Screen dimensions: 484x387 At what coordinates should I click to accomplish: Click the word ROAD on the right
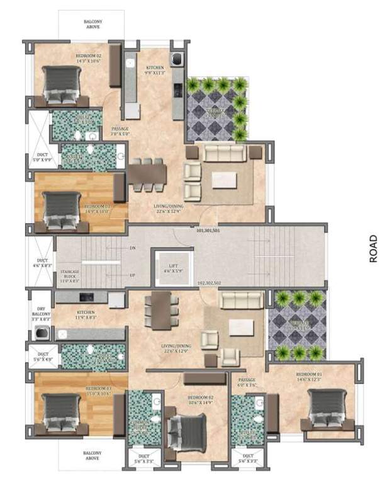click(374, 248)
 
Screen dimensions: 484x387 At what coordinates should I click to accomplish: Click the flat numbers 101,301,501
click(208, 231)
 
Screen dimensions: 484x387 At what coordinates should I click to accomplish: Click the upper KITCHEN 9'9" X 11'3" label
click(155, 70)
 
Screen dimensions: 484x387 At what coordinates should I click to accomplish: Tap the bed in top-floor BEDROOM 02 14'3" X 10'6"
click(61, 84)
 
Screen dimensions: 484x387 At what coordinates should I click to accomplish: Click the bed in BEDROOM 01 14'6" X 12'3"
click(327, 409)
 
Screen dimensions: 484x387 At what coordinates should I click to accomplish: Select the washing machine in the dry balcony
click(42, 334)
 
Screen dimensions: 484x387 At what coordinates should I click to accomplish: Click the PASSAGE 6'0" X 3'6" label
click(247, 383)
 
